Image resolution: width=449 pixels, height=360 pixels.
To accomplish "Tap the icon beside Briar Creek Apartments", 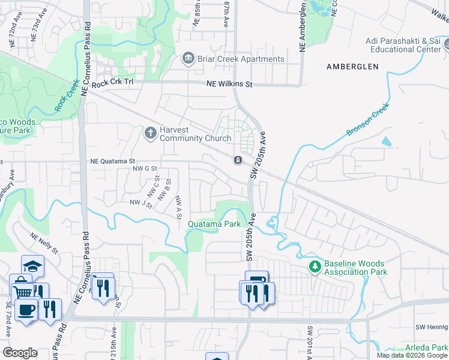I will pyautogui.click(x=188, y=59).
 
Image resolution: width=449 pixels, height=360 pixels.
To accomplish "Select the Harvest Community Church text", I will pyautogui.click(x=195, y=134).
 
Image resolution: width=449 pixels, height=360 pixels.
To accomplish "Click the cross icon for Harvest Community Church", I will pyautogui.click(x=151, y=131).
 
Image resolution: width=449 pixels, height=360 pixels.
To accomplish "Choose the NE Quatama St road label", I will pyautogui.click(x=113, y=161).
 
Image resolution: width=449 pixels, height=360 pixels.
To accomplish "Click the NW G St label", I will pyautogui.click(x=145, y=169).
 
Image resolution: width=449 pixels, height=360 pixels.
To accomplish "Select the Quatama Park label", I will pyautogui.click(x=214, y=224).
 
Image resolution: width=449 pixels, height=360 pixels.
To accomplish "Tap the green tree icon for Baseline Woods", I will pyautogui.click(x=314, y=265).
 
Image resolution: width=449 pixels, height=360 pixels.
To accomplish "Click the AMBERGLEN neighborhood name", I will pyautogui.click(x=352, y=67).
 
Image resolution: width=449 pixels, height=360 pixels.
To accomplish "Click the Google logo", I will pyautogui.click(x=20, y=353).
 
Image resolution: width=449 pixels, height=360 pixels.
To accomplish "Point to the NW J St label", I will pyautogui.click(x=140, y=203).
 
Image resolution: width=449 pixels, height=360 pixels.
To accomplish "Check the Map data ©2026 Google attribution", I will pyautogui.click(x=412, y=355).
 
